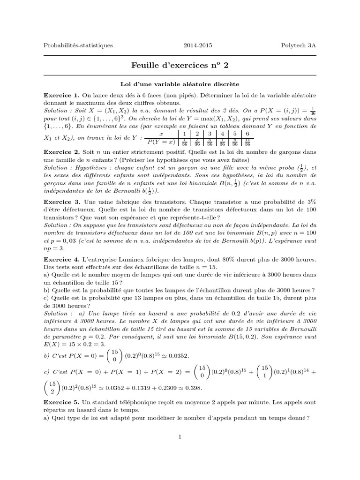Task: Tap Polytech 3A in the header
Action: (x=299, y=45)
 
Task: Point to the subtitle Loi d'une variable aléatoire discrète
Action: (x=180, y=84)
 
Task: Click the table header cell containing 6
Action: (x=247, y=135)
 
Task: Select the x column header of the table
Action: (x=161, y=135)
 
